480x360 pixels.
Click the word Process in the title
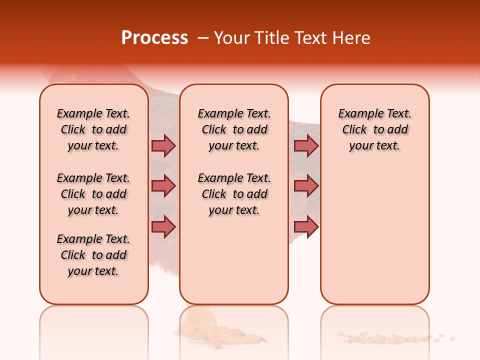click(154, 38)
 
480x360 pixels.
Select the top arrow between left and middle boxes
click(163, 145)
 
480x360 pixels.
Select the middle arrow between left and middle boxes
click(163, 186)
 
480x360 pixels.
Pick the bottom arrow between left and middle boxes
click(163, 226)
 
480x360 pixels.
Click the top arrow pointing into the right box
click(306, 145)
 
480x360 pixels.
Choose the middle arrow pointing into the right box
click(306, 186)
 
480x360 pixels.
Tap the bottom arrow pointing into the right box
click(306, 226)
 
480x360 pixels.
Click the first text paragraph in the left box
click(93, 129)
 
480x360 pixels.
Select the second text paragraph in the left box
click(93, 194)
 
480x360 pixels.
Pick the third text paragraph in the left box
click(93, 255)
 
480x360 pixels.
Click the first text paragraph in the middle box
click(234, 129)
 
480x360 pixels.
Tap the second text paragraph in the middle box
click(234, 194)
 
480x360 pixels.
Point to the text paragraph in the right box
click(374, 129)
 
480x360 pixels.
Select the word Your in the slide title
click(232, 38)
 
